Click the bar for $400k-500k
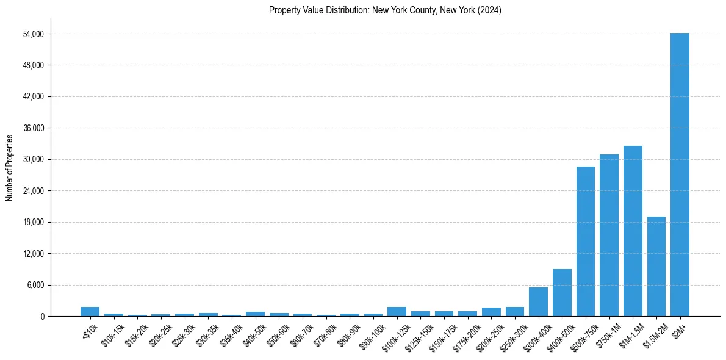click(x=562, y=292)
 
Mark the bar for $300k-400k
click(x=538, y=301)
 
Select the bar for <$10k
click(x=90, y=311)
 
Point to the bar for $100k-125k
click(x=397, y=311)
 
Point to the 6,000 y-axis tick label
click(x=34, y=285)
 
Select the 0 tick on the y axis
click(x=43, y=316)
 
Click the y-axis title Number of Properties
click(x=9, y=167)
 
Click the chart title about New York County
click(x=385, y=10)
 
